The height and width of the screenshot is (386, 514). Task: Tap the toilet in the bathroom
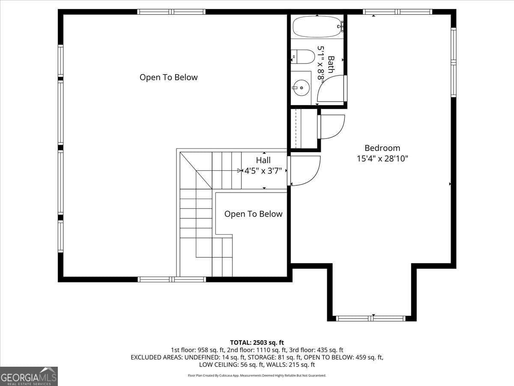(x=302, y=57)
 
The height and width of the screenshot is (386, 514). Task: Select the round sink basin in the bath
(x=301, y=87)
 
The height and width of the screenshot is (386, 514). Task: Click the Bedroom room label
(x=382, y=148)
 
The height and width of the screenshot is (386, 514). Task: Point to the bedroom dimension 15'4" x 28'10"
(x=382, y=159)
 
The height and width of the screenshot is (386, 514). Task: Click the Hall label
(x=263, y=160)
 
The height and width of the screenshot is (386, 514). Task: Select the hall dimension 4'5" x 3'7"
(x=263, y=171)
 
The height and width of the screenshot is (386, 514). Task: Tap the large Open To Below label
(x=169, y=77)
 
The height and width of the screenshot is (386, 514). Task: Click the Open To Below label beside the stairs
(x=254, y=214)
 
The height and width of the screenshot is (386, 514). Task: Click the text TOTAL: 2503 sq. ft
(x=257, y=343)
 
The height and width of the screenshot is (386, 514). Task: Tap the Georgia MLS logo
(x=29, y=376)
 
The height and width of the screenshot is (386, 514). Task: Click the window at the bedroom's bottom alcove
(x=371, y=318)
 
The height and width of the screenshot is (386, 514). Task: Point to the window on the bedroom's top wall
(x=397, y=12)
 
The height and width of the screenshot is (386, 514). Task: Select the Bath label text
(x=331, y=64)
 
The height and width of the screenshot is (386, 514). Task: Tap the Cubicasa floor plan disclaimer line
(x=257, y=375)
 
